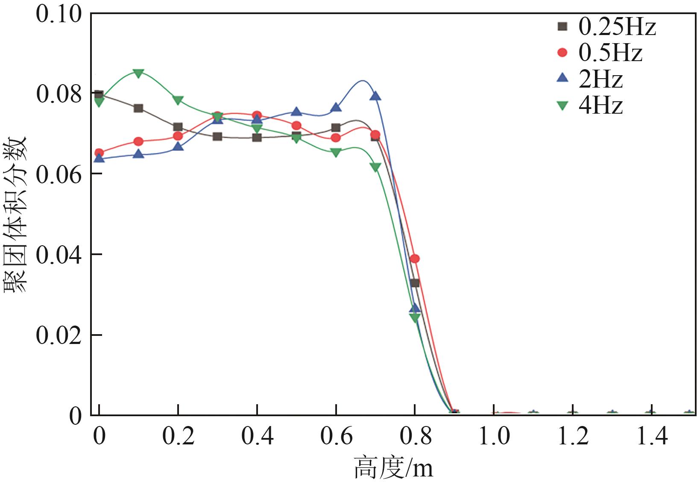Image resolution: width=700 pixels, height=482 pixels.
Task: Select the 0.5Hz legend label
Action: (610, 53)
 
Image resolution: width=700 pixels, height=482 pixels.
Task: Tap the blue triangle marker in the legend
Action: (563, 78)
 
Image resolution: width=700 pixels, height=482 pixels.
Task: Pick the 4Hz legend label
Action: (600, 105)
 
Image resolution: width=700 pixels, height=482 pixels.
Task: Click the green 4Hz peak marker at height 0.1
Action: (138, 73)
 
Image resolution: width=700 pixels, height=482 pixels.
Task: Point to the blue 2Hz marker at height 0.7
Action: (375, 96)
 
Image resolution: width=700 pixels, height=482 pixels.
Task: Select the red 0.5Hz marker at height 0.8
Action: (414, 259)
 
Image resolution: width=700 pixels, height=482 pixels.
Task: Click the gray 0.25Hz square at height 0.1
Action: (138, 108)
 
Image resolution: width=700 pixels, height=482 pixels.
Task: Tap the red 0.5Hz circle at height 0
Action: (99, 153)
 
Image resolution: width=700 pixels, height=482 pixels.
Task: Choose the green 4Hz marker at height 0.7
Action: (375, 167)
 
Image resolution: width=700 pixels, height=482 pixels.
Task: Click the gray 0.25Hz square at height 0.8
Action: (415, 283)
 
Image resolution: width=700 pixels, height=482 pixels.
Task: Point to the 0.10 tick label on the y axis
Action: (59, 14)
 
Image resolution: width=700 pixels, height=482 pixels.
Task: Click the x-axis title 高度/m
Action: (393, 468)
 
